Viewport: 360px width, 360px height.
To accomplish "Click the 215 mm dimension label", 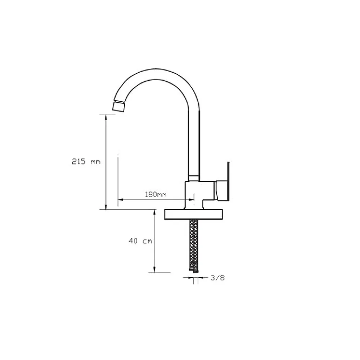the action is pyautogui.click(x=86, y=161).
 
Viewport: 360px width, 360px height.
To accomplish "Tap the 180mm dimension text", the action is pyautogui.click(x=156, y=194).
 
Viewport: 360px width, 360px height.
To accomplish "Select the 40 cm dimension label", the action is pyautogui.click(x=140, y=241).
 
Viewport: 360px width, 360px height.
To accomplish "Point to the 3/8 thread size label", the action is pyautogui.click(x=218, y=278).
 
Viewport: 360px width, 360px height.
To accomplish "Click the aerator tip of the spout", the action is pyautogui.click(x=118, y=107).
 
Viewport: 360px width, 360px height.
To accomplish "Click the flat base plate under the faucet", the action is pyautogui.click(x=194, y=215).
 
